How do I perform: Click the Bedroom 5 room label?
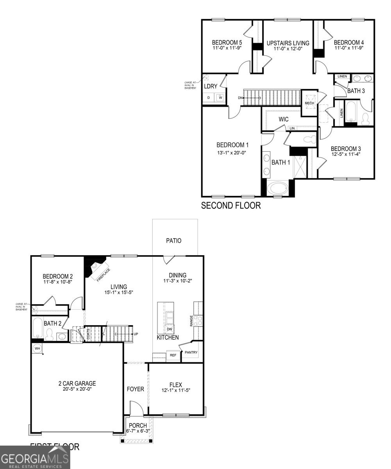click(x=227, y=43)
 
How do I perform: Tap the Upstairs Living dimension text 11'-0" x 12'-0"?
click(x=287, y=49)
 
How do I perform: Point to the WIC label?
click(x=284, y=119)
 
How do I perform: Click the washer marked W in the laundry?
click(x=220, y=98)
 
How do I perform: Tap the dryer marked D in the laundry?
click(x=209, y=98)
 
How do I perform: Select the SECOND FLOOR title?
click(x=230, y=205)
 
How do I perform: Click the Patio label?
click(x=173, y=241)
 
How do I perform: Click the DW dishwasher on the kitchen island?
click(x=170, y=329)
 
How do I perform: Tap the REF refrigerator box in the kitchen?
click(x=173, y=356)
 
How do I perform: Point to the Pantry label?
click(x=191, y=353)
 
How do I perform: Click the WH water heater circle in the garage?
click(x=37, y=348)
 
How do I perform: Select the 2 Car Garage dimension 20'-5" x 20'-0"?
click(x=74, y=389)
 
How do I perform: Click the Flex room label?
click(x=176, y=385)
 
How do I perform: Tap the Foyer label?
click(x=136, y=389)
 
